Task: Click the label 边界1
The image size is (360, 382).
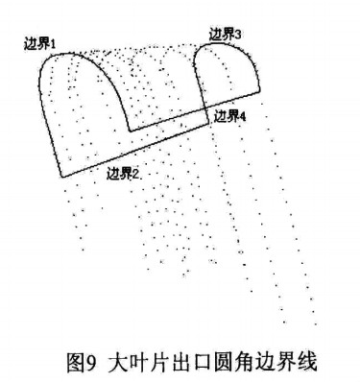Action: (42, 44)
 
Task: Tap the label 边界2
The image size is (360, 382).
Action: (123, 173)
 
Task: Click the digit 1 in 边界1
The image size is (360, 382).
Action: (55, 44)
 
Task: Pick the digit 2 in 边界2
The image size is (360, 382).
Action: (136, 173)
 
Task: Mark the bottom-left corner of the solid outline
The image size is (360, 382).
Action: (61, 177)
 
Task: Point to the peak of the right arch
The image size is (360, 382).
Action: (228, 44)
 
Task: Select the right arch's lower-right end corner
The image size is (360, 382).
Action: (260, 92)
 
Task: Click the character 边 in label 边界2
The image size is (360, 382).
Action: (113, 173)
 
